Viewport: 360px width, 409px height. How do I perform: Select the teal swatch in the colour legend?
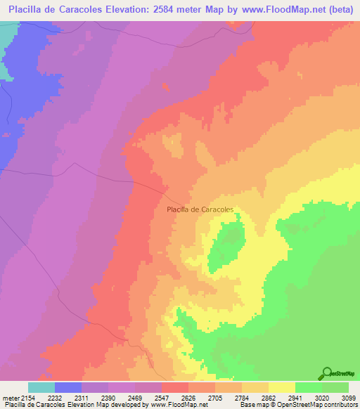[41, 387]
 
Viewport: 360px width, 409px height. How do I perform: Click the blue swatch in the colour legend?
[68, 387]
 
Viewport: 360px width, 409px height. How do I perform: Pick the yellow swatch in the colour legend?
[282, 387]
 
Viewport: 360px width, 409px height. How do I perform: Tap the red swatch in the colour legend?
[175, 387]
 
